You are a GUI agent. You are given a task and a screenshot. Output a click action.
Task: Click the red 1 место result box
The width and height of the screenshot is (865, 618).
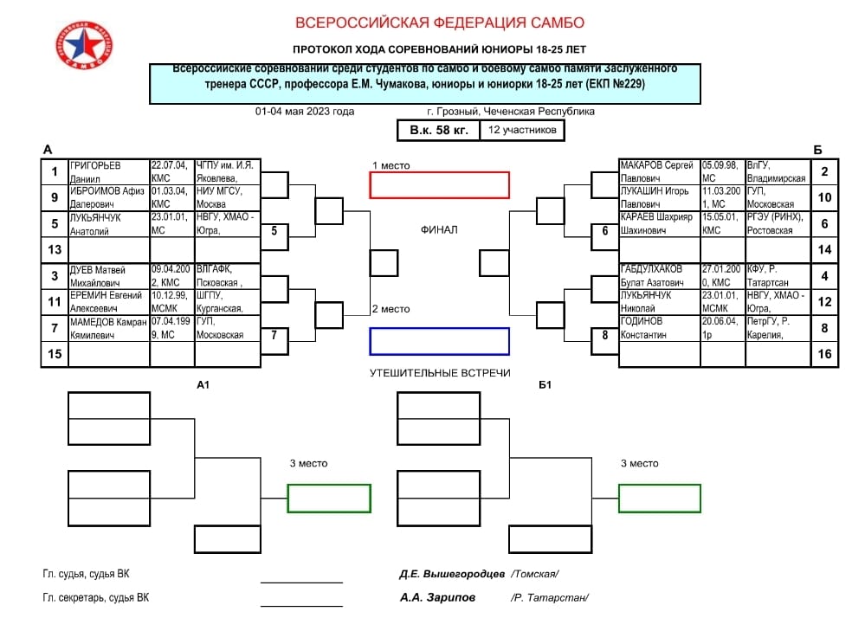439,185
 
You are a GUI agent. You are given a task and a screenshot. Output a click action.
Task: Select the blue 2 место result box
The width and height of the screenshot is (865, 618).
439,341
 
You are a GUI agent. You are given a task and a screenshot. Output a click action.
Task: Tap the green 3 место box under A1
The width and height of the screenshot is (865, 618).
329,498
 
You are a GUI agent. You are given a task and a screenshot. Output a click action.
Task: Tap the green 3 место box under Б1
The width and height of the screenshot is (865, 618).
660,498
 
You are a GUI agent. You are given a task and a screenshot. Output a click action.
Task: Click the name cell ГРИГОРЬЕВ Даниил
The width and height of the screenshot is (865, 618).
108,171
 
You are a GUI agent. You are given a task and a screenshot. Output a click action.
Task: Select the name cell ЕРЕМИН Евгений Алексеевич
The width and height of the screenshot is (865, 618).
108,301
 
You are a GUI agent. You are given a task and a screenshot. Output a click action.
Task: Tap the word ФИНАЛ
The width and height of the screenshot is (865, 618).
439,230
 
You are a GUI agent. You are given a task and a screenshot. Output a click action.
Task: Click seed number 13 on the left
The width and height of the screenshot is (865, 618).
55,250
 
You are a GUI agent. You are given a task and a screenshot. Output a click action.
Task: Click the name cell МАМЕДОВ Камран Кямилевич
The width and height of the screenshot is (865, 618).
108,328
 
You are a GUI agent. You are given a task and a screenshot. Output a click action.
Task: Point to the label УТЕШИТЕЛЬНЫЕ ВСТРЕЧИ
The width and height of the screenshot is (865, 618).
439,373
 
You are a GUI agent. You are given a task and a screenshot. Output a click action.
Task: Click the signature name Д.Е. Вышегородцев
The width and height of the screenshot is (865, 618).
452,573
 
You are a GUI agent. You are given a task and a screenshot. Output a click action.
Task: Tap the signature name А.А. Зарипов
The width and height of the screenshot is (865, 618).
436,597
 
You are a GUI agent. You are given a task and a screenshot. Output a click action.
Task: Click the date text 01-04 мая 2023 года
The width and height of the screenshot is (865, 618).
305,112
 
